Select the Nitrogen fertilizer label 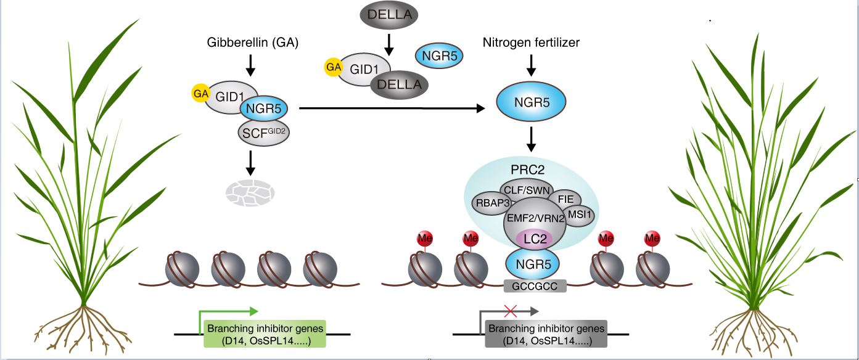[x=531, y=43]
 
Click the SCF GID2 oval [x=263, y=132]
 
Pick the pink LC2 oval [x=531, y=236]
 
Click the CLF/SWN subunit [x=526, y=188]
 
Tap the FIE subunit [x=565, y=199]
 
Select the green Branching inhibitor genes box [x=265, y=333]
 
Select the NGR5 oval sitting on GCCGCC [x=532, y=264]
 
